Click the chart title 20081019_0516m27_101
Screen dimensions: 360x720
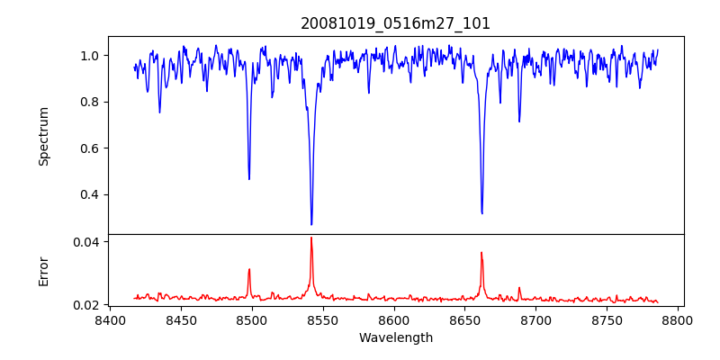click(395, 23)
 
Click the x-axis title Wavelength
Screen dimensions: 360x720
click(395, 338)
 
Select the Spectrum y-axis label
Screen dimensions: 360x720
click(43, 136)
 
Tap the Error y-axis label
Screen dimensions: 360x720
click(43, 271)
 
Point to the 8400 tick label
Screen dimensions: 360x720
click(110, 320)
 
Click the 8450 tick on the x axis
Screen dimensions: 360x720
click(181, 320)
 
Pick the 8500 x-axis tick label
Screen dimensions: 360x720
click(252, 320)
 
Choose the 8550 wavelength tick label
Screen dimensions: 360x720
click(323, 320)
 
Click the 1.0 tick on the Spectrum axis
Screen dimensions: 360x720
click(90, 56)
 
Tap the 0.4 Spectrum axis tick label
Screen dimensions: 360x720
click(90, 195)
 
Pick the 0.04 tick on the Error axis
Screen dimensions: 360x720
click(86, 242)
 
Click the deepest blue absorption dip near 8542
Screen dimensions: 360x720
click(311, 224)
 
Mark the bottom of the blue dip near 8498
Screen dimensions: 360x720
click(249, 178)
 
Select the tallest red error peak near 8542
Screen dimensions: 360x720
click(311, 238)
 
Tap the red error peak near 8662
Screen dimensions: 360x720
click(481, 253)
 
